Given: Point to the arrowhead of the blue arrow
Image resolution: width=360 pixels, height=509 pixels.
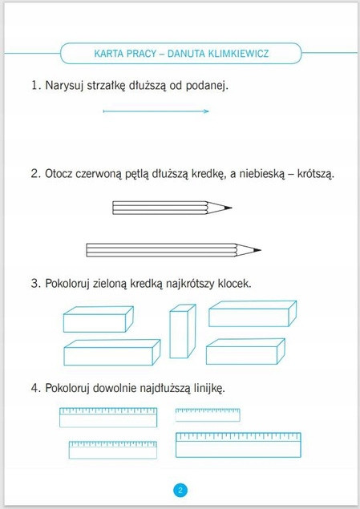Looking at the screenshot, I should tap(207, 112).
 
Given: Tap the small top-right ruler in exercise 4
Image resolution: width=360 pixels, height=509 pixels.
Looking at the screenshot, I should tap(208, 414).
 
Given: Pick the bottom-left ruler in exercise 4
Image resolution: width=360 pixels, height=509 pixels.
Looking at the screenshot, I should tap(112, 449).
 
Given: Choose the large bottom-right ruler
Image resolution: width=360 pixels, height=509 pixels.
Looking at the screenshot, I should tap(238, 445).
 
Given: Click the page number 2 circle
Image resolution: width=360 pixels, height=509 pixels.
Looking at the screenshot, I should tap(180, 490).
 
